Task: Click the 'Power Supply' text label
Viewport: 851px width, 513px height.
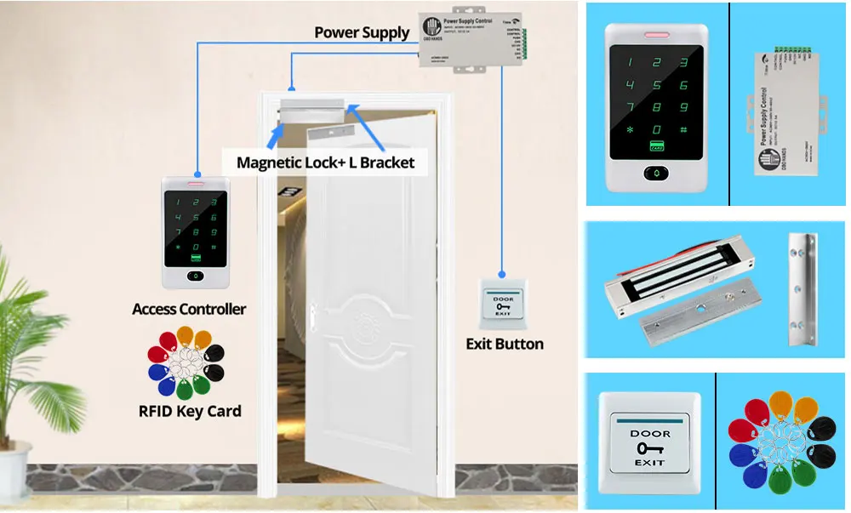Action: tap(362, 33)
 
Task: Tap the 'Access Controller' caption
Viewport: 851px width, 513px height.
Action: tap(189, 309)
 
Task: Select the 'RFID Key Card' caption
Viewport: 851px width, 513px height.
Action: tap(190, 412)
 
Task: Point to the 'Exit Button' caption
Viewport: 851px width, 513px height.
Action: tap(505, 344)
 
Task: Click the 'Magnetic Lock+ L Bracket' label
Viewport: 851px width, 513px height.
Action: tap(325, 162)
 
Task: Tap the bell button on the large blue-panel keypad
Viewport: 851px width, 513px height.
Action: tap(656, 173)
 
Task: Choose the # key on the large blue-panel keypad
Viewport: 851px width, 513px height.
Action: tap(683, 130)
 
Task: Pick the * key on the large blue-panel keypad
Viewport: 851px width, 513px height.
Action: tap(630, 130)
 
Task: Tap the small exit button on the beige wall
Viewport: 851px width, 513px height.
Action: tap(505, 305)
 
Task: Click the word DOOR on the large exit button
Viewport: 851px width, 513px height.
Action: tap(649, 433)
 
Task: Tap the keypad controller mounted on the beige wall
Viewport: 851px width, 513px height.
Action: tap(195, 231)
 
